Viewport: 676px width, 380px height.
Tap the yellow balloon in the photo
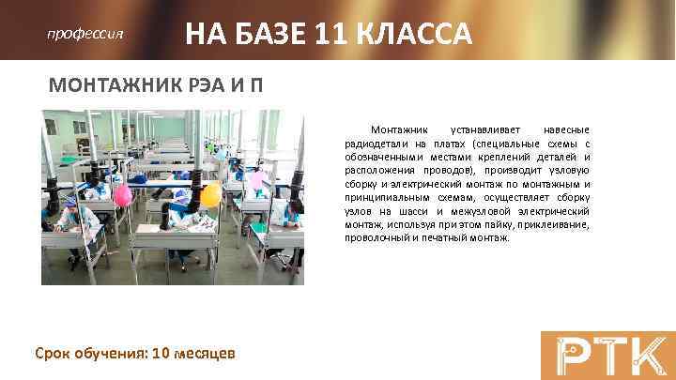click(x=211, y=194)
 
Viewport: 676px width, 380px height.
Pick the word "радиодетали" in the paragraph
click(x=373, y=144)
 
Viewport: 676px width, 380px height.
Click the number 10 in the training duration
click(x=161, y=353)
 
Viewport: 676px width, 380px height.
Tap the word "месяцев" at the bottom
click(x=206, y=353)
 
